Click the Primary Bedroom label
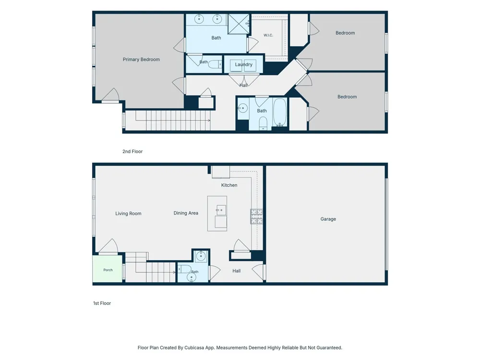pyautogui.click(x=141, y=60)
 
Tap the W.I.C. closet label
pyautogui.click(x=268, y=35)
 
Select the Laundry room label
pyautogui.click(x=244, y=65)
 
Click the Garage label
pyautogui.click(x=328, y=219)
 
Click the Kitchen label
pyautogui.click(x=229, y=185)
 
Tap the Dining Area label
pyautogui.click(x=186, y=213)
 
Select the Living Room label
pyautogui.click(x=128, y=214)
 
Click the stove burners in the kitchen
pyautogui.click(x=256, y=216)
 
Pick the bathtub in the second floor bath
pyautogui.click(x=280, y=112)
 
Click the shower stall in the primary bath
pyautogui.click(x=239, y=24)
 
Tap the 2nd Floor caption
pyautogui.click(x=132, y=151)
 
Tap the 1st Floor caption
pyautogui.click(x=102, y=303)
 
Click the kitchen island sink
pyautogui.click(x=221, y=210)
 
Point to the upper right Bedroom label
pyautogui.click(x=345, y=33)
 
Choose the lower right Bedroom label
pyautogui.click(x=347, y=97)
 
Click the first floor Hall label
pyautogui.click(x=236, y=271)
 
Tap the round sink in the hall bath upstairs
pyautogui.click(x=243, y=108)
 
